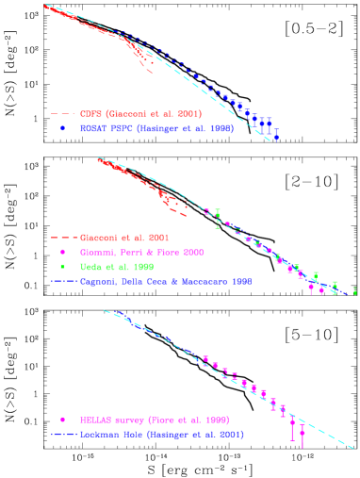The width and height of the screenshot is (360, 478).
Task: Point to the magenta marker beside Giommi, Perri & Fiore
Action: point(62,253)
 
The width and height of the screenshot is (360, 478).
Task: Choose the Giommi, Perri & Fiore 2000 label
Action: point(141,253)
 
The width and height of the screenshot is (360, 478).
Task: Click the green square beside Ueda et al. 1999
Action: point(62,267)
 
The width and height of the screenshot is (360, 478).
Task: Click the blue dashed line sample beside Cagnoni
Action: point(62,281)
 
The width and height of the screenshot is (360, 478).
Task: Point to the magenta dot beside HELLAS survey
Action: point(62,419)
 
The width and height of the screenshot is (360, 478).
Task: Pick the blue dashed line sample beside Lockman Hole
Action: point(62,435)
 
